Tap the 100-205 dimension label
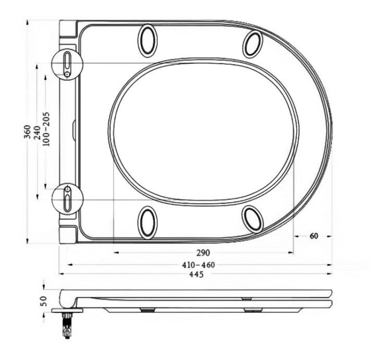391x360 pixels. [46, 129]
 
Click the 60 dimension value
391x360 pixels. [313, 236]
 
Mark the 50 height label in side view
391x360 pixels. [44, 301]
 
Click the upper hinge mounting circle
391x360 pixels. [68, 64]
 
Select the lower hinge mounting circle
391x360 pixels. [68, 199]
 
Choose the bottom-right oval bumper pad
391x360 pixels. [253, 218]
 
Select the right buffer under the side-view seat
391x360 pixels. [253, 309]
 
